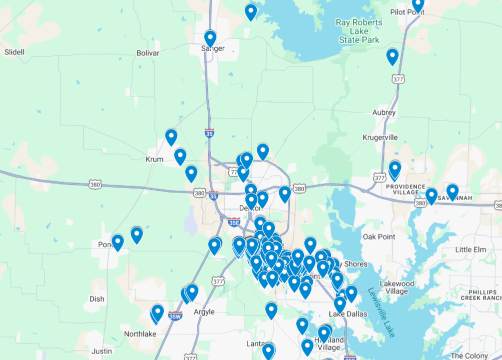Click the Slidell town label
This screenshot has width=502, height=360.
(x=14, y=52)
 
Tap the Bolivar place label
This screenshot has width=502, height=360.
(x=148, y=53)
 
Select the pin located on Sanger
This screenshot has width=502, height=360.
(x=210, y=38)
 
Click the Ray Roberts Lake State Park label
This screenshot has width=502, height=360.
(x=359, y=31)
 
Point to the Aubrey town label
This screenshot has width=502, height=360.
(x=384, y=113)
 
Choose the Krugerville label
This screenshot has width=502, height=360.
(x=380, y=137)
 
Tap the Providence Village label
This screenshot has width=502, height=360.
(x=405, y=189)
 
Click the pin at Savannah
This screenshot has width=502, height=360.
(x=452, y=191)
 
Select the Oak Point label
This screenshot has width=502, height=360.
(x=379, y=236)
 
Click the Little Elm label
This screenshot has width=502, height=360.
(x=470, y=249)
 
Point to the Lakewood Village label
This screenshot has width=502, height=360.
(x=397, y=287)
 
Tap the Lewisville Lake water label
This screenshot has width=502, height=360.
(x=381, y=312)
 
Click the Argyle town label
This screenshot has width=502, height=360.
(x=204, y=312)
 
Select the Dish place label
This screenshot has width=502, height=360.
(x=97, y=299)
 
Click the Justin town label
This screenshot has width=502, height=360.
(x=102, y=351)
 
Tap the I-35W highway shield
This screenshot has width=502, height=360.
(x=175, y=316)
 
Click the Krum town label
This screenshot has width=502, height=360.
(x=154, y=159)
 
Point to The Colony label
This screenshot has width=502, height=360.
(x=469, y=356)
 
